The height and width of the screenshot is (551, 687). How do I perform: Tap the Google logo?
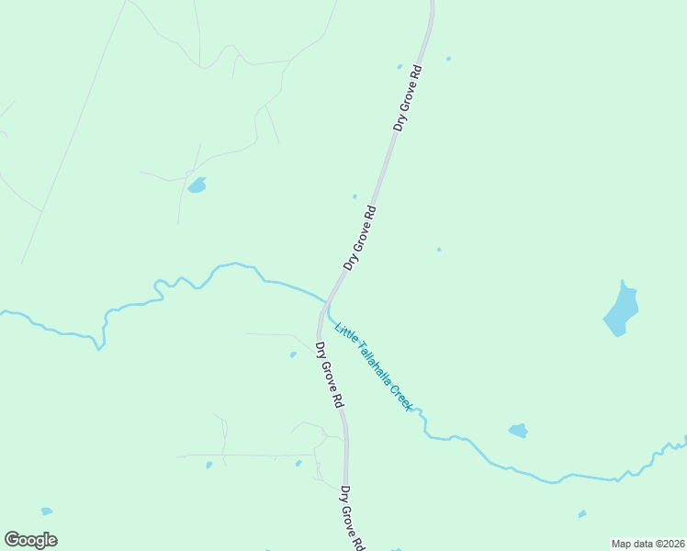pyautogui.click(x=30, y=540)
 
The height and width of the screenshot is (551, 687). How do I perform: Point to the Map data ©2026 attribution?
pyautogui.click(x=648, y=544)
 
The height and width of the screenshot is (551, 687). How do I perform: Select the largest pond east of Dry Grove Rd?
pyautogui.click(x=622, y=309)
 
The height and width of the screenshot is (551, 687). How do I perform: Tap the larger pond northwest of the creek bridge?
pyautogui.click(x=197, y=186)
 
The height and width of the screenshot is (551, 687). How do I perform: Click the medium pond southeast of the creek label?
pyautogui.click(x=518, y=430)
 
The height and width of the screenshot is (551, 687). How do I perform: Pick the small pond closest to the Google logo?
pyautogui.click(x=46, y=511)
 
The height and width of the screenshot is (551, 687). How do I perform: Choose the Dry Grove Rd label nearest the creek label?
pyautogui.click(x=329, y=375)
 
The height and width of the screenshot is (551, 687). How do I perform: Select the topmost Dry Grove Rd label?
pyautogui.click(x=408, y=97)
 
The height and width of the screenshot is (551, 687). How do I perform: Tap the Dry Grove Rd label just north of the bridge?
pyautogui.click(x=360, y=237)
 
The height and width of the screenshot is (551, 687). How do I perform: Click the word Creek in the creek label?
pyautogui.click(x=400, y=396)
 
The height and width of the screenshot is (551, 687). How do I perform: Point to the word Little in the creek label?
pyautogui.click(x=344, y=332)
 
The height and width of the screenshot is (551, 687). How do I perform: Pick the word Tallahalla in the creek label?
pyautogui.click(x=371, y=363)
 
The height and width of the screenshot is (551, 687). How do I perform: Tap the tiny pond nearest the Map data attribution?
pyautogui.click(x=582, y=514)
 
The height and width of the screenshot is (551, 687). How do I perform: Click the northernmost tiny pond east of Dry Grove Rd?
pyautogui.click(x=448, y=59)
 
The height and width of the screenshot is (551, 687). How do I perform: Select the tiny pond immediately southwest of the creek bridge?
pyautogui.click(x=293, y=354)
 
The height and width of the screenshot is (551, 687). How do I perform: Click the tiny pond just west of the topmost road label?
pyautogui.click(x=399, y=66)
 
